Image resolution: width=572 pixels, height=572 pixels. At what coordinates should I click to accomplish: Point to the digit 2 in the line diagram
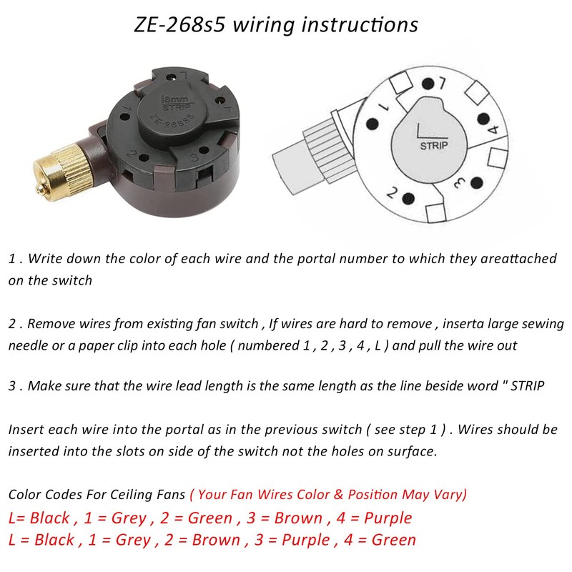[392, 192]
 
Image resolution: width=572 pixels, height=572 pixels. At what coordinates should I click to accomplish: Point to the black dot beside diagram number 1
[372, 124]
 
